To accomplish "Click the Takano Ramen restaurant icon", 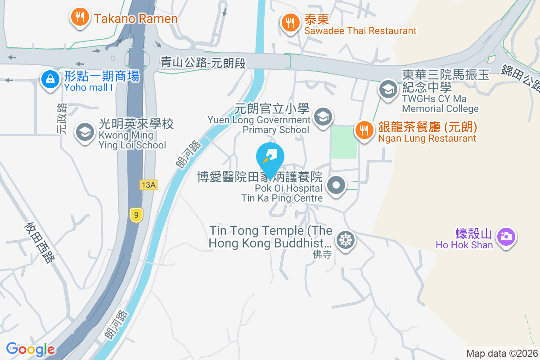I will pyautogui.click(x=80, y=17).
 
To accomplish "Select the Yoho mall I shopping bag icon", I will pyautogui.click(x=50, y=80).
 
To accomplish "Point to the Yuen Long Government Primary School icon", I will pyautogui.click(x=323, y=117).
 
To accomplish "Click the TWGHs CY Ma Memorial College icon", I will pyautogui.click(x=387, y=89).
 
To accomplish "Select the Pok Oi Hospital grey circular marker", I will pyautogui.click(x=336, y=186).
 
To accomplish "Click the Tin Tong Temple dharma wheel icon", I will pyautogui.click(x=346, y=240).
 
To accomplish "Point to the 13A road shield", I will pyautogui.click(x=148, y=185).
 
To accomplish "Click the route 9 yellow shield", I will pyautogui.click(x=135, y=215).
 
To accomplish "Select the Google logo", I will pyautogui.click(x=31, y=349).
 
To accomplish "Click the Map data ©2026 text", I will pyautogui.click(x=502, y=353).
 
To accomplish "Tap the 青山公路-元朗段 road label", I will pyautogui.click(x=203, y=62).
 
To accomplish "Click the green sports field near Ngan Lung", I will pyautogui.click(x=344, y=142).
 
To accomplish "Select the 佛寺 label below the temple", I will pyautogui.click(x=322, y=255).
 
